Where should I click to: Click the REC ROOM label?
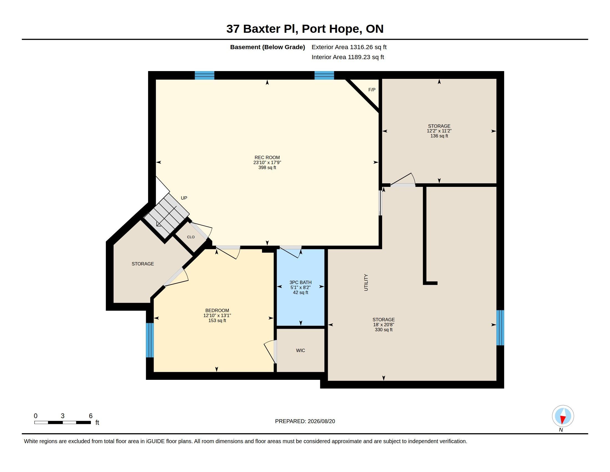[x=267, y=157]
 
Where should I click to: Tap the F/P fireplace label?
[x=372, y=90]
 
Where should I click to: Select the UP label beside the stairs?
[x=184, y=198]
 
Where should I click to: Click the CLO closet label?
[x=191, y=237]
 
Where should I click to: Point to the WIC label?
[x=301, y=350]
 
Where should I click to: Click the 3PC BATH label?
[x=301, y=282]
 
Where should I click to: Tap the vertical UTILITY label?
[x=366, y=282]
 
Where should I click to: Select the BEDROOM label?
[x=217, y=310]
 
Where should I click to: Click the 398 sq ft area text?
[x=267, y=167]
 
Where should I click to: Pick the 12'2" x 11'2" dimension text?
[x=439, y=131]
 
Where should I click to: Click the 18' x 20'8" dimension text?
[x=383, y=325]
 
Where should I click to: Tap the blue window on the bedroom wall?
[x=150, y=340]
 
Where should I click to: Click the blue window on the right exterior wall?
[x=500, y=327]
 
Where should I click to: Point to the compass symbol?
[x=563, y=416]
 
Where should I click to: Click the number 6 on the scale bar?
[x=90, y=416]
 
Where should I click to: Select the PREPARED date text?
[x=305, y=421]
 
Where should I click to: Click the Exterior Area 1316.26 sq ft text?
[x=349, y=47]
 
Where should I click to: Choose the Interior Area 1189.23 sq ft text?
[x=348, y=57]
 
